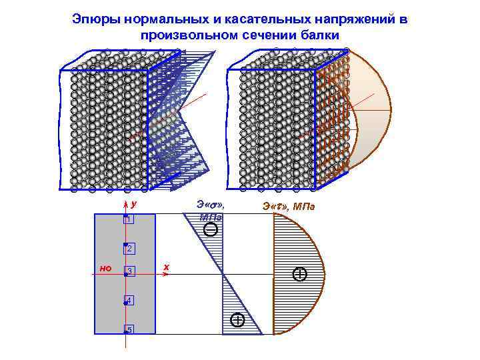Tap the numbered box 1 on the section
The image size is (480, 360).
point(129,219)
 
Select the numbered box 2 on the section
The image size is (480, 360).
point(129,249)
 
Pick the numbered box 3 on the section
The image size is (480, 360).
point(129,271)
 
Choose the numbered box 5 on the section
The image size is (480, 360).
point(129,330)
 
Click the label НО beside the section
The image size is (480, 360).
point(105,269)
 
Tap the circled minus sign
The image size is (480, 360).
point(211,230)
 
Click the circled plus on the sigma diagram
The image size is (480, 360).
point(237,321)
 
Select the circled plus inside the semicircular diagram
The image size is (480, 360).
point(300,274)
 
